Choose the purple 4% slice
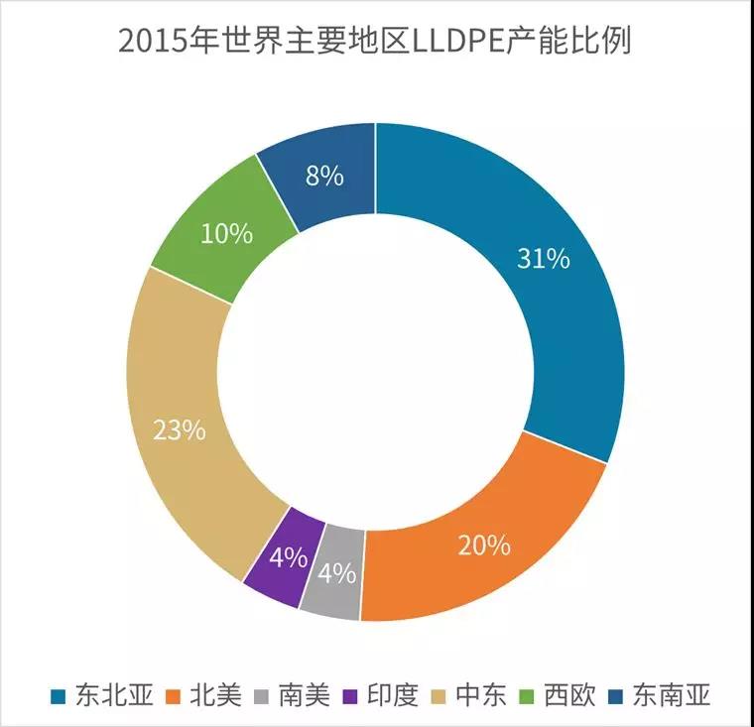point(287,557)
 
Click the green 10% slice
point(227,235)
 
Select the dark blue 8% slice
point(324,177)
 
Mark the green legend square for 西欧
point(532,696)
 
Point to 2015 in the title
point(150,43)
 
